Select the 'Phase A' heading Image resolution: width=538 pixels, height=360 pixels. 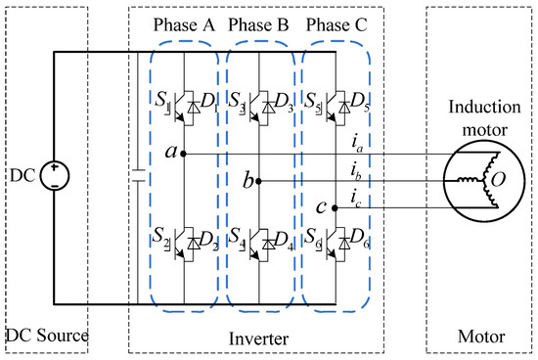(x=184, y=25)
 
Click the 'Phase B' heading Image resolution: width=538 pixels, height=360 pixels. (x=260, y=25)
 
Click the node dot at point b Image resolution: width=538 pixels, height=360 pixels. (x=259, y=181)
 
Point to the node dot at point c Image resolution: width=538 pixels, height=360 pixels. (x=336, y=208)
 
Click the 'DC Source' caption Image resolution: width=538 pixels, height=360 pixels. (x=47, y=337)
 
